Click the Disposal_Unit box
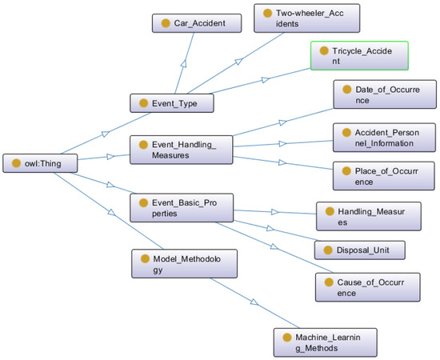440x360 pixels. pyautogui.click(x=359, y=250)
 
